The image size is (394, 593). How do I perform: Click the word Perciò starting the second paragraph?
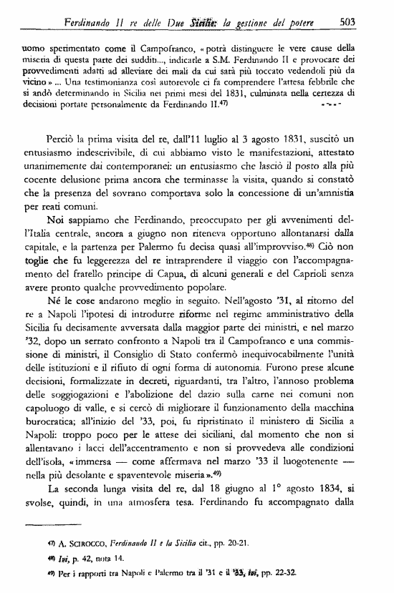tap(63, 135)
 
